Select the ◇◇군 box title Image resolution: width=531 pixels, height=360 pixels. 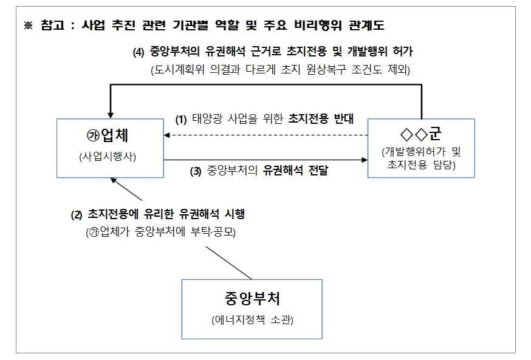click(x=421, y=132)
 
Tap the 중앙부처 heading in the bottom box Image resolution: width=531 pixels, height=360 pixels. click(x=252, y=298)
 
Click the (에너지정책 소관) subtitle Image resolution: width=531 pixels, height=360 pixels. click(x=252, y=320)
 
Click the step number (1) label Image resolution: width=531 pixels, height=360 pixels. click(x=181, y=120)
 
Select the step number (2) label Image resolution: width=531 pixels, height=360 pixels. click(x=77, y=214)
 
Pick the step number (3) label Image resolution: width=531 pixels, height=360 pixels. click(x=196, y=171)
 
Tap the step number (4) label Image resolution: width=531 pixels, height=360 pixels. click(x=139, y=52)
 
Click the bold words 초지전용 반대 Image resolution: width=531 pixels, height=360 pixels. click(x=321, y=120)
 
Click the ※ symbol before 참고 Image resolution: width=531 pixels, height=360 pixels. click(x=27, y=26)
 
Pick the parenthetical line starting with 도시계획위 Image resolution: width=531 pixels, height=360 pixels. click(x=281, y=70)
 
